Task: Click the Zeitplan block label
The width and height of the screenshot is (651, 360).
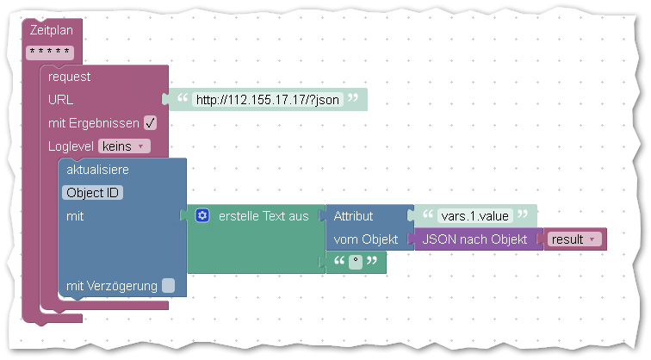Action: coord(52,30)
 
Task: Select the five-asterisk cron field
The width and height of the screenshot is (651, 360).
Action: coord(50,53)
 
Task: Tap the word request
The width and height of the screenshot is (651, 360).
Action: coord(69,77)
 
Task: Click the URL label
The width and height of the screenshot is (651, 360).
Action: coord(60,100)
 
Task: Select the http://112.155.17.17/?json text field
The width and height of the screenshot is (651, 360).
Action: coord(267,100)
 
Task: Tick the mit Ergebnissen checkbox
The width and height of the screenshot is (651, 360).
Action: coord(151,123)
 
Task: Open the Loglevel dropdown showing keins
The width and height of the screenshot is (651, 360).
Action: coord(124,146)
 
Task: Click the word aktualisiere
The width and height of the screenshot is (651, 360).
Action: coord(97,170)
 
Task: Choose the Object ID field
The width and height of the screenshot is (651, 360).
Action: coord(93,193)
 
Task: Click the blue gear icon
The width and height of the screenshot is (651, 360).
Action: coord(202,215)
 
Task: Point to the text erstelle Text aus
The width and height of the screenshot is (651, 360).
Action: coord(263,216)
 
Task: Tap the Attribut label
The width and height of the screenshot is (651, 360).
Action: coord(353,216)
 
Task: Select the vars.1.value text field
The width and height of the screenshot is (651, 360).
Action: coord(475,216)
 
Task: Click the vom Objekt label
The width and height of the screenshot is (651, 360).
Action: coord(366,239)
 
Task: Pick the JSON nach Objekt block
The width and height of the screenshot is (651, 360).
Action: coord(474,239)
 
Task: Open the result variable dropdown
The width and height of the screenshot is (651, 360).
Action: coord(574,239)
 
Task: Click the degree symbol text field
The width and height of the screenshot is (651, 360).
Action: coord(356,262)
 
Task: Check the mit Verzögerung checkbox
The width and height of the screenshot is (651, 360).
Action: coord(168,286)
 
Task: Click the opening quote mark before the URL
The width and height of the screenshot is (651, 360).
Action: coord(183,98)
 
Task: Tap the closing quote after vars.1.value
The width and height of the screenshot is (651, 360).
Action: coord(523,214)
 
